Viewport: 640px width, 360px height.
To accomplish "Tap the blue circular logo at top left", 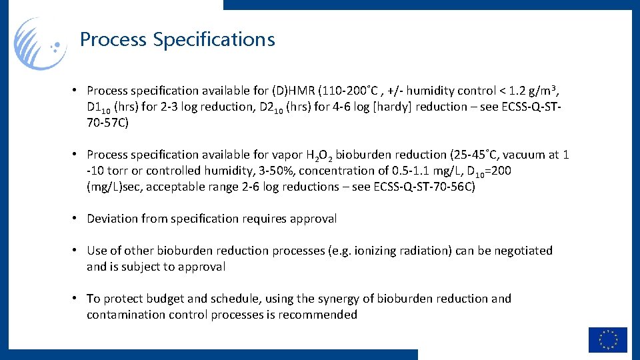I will (41, 44).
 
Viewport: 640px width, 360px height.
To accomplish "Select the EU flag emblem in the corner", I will (607, 339).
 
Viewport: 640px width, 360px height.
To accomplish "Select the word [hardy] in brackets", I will (390, 107).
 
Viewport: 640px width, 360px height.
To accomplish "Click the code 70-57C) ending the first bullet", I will (107, 123).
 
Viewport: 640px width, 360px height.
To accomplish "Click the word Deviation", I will (113, 219).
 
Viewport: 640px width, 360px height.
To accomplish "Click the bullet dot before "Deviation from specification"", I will (77, 218).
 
